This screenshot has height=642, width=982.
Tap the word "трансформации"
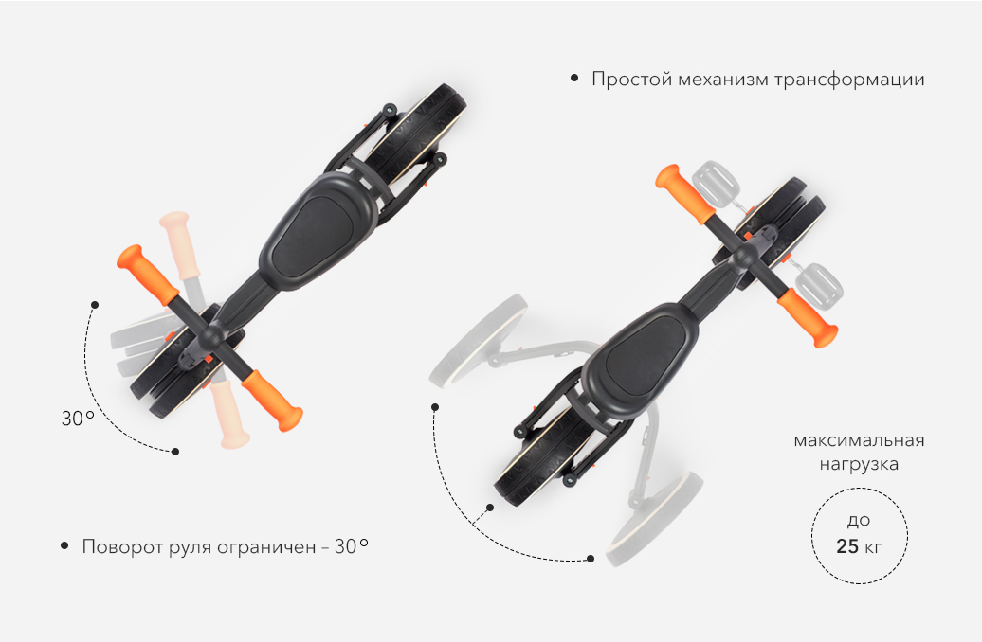point(849,80)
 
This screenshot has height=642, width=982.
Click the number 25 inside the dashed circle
point(847,546)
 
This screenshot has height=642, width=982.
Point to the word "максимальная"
point(859,440)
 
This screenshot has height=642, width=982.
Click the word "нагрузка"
point(859,465)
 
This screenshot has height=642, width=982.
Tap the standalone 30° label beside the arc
point(78,418)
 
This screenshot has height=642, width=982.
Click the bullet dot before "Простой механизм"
point(574,79)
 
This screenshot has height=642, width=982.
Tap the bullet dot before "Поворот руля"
point(64,545)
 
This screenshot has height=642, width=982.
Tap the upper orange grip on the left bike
point(149,273)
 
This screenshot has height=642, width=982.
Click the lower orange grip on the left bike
point(272,401)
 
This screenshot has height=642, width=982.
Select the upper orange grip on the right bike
point(684,193)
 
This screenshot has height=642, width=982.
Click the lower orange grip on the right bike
point(808,317)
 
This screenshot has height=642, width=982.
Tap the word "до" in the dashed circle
point(859,522)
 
